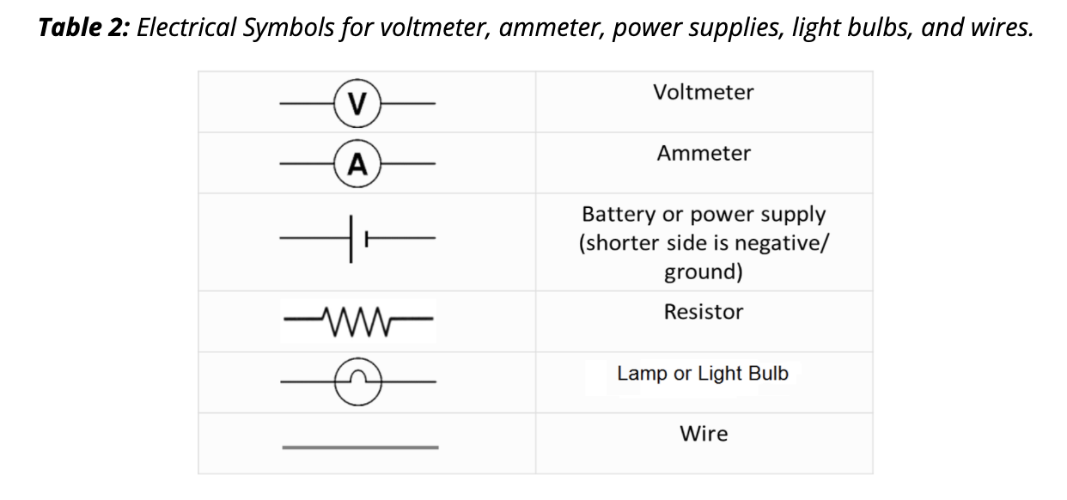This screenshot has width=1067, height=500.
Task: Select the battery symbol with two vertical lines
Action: click(357, 238)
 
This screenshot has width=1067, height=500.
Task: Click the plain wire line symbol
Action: click(360, 447)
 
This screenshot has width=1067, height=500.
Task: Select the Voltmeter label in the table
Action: click(703, 93)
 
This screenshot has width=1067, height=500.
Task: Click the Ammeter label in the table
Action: click(703, 154)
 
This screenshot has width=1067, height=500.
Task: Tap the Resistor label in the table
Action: click(703, 312)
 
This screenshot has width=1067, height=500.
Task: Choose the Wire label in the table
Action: click(703, 434)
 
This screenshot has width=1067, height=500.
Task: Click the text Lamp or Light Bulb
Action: click(702, 374)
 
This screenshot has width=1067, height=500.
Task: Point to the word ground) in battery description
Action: click(703, 273)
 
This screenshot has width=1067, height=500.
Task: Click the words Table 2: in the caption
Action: click(84, 28)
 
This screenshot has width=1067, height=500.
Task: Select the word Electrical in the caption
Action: click(188, 28)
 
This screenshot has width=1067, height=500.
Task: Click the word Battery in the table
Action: click(616, 215)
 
